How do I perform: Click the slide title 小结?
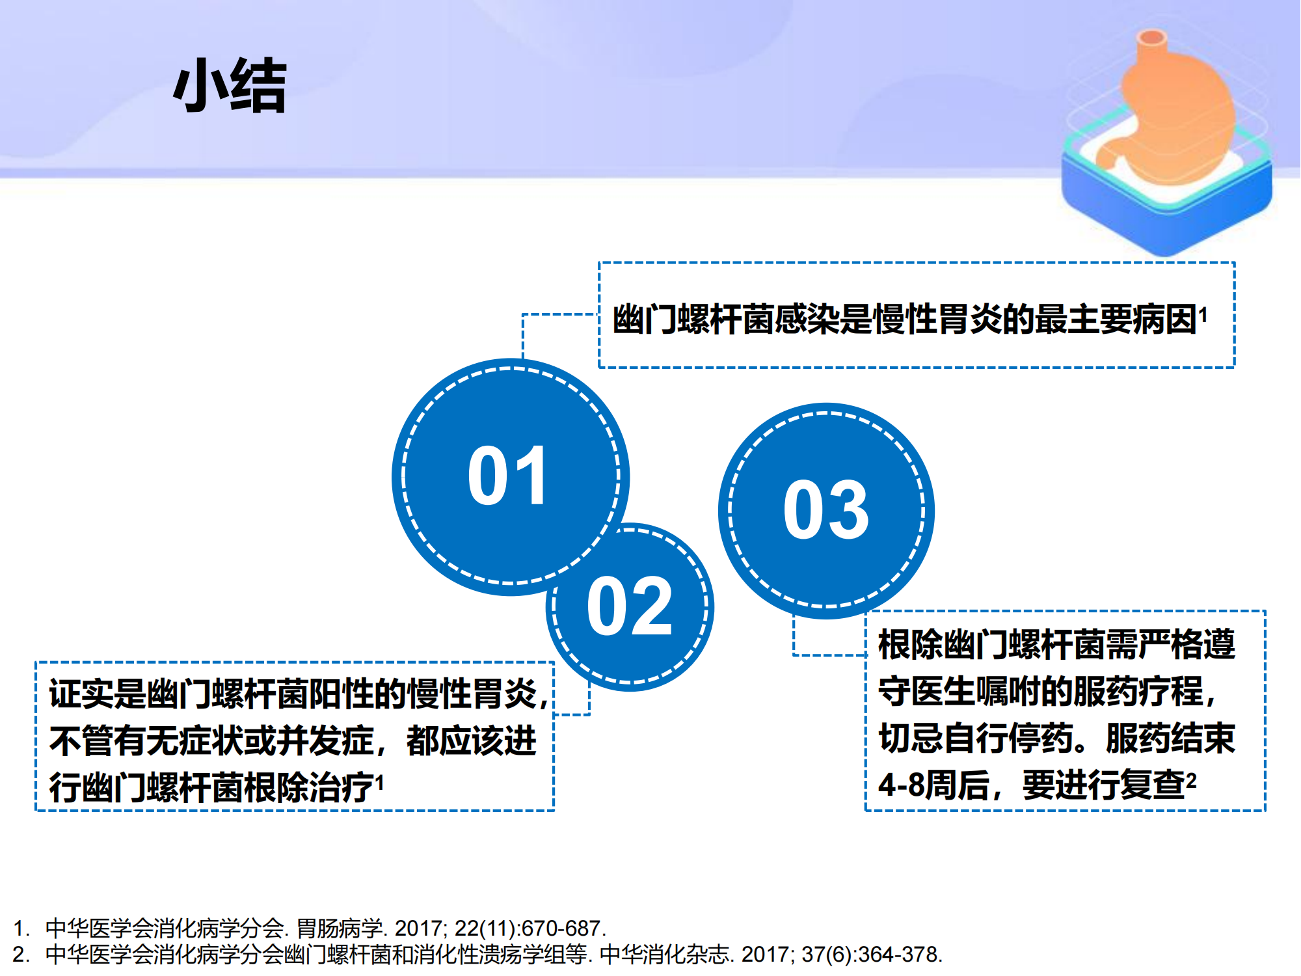point(230,85)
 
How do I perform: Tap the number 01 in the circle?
point(508,476)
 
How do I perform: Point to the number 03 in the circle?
point(826,509)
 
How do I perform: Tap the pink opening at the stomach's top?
point(1152,36)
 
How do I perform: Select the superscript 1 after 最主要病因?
point(1203,316)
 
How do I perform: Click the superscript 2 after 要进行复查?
point(1191,780)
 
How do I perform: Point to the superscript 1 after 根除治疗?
point(380,783)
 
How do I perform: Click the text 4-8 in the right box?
point(901,785)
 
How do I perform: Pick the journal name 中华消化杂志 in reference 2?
point(664,955)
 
